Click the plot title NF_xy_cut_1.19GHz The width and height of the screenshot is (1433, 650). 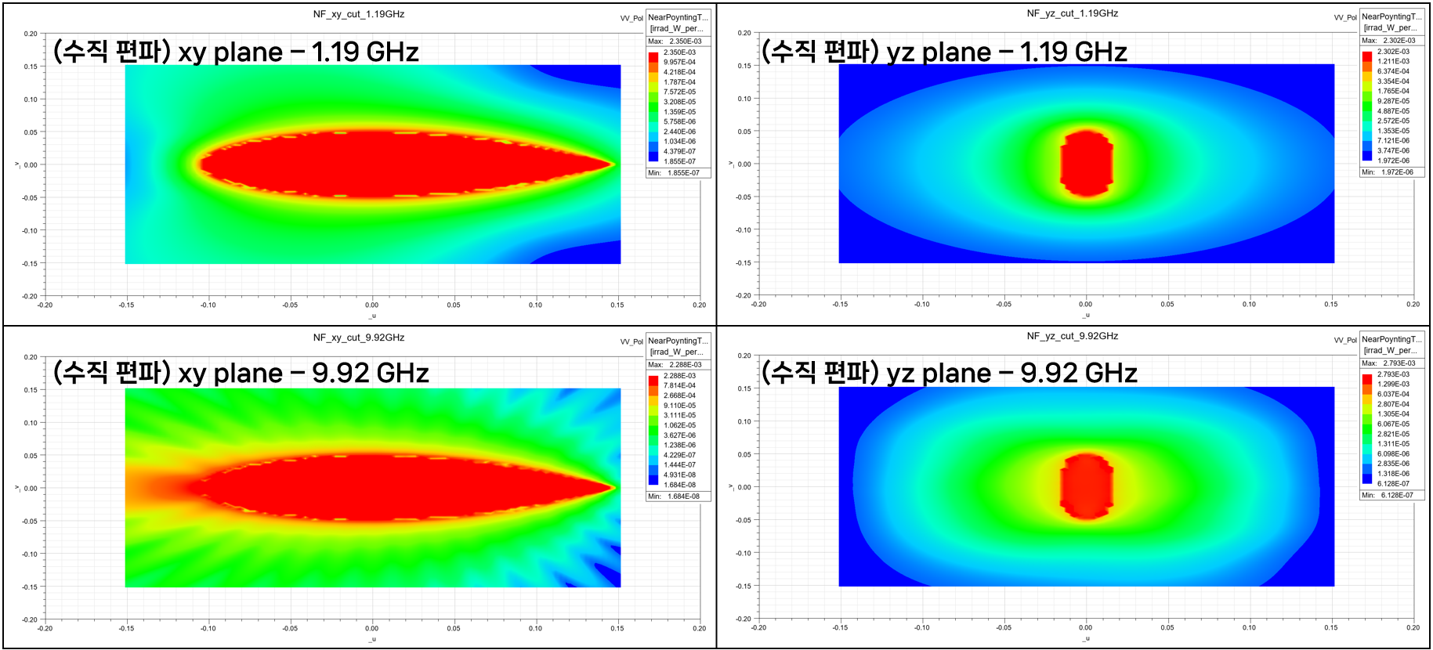(358, 14)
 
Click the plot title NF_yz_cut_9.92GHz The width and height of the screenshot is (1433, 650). (1072, 336)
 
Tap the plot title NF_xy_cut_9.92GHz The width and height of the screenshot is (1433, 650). (358, 338)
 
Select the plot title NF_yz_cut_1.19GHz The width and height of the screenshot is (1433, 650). (1072, 13)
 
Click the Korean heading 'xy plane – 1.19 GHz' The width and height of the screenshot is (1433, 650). (236, 52)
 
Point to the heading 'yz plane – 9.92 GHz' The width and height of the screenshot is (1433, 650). (949, 373)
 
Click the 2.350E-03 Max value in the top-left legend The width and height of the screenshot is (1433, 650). (685, 42)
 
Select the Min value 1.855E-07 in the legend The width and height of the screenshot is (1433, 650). (683, 173)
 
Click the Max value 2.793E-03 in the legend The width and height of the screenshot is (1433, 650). (1399, 363)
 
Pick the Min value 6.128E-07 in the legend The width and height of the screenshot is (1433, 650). (1397, 495)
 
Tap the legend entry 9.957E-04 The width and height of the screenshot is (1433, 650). (679, 63)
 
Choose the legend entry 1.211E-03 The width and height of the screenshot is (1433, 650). (1393, 61)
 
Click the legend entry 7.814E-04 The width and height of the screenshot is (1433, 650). (679, 385)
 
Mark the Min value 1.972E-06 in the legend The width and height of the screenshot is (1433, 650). (1397, 172)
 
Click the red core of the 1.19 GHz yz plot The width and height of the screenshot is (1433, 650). (1086, 163)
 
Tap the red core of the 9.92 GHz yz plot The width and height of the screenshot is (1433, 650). (1086, 486)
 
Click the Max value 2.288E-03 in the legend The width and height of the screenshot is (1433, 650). (685, 365)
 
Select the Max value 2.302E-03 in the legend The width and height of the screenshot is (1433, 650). (1399, 41)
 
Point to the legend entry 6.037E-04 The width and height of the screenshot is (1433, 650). (1393, 394)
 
